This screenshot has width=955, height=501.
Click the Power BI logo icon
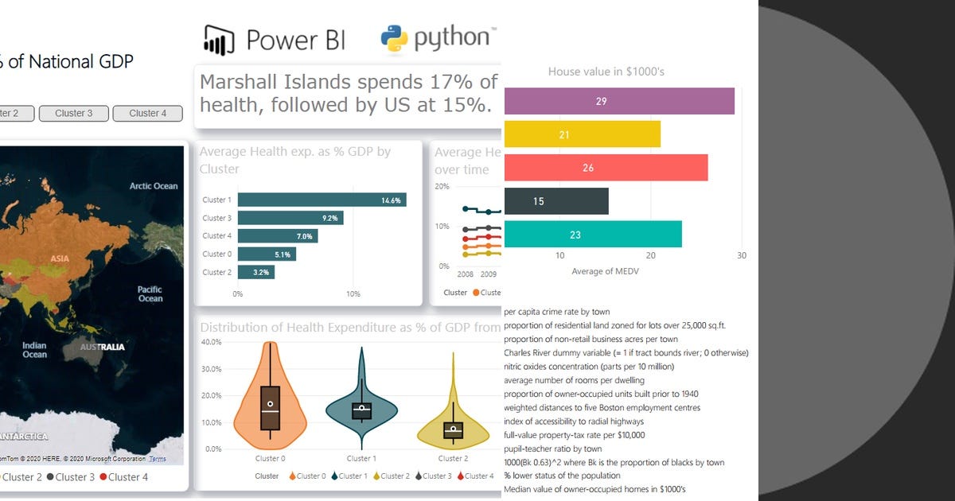(x=220, y=39)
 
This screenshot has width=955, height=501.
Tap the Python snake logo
(x=394, y=38)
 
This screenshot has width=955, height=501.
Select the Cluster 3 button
(x=73, y=114)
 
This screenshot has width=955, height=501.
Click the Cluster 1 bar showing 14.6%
(x=322, y=200)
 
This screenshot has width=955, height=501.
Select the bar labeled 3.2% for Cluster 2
(x=255, y=272)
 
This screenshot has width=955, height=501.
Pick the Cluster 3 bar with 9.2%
(x=290, y=218)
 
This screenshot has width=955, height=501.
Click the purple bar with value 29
(x=619, y=101)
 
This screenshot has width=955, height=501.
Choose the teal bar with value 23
(x=593, y=235)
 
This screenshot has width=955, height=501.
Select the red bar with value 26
(x=606, y=168)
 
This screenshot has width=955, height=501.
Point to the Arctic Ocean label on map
(x=154, y=186)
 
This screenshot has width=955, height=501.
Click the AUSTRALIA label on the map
(x=102, y=348)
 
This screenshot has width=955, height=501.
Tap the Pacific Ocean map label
(x=150, y=294)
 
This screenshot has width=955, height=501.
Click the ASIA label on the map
(x=60, y=258)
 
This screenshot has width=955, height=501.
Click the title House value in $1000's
(x=606, y=72)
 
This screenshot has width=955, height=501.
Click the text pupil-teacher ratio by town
(x=552, y=449)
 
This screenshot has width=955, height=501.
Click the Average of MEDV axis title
(x=605, y=272)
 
